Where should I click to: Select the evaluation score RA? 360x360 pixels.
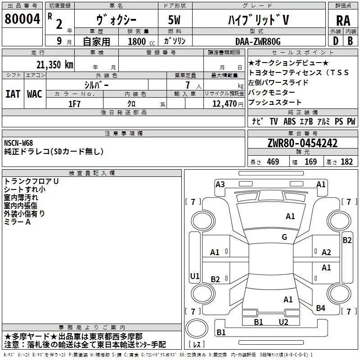click(343, 20)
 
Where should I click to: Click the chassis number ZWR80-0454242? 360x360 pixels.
click(302, 143)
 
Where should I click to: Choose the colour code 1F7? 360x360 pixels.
click(75, 103)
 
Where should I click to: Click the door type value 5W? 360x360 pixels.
click(175, 20)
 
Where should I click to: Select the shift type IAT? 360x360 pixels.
click(13, 94)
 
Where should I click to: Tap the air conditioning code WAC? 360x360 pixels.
click(35, 94)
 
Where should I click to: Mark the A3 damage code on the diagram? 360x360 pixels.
click(220, 184)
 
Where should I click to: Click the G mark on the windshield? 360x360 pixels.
click(284, 237)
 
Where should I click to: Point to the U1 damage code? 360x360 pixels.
click(194, 276)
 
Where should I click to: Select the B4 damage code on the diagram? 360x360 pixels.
click(320, 308)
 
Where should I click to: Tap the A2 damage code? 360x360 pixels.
click(326, 252)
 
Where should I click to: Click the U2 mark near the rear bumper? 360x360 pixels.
click(283, 322)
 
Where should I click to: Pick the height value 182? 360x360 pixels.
click(347, 162)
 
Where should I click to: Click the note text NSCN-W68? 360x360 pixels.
click(18, 143)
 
